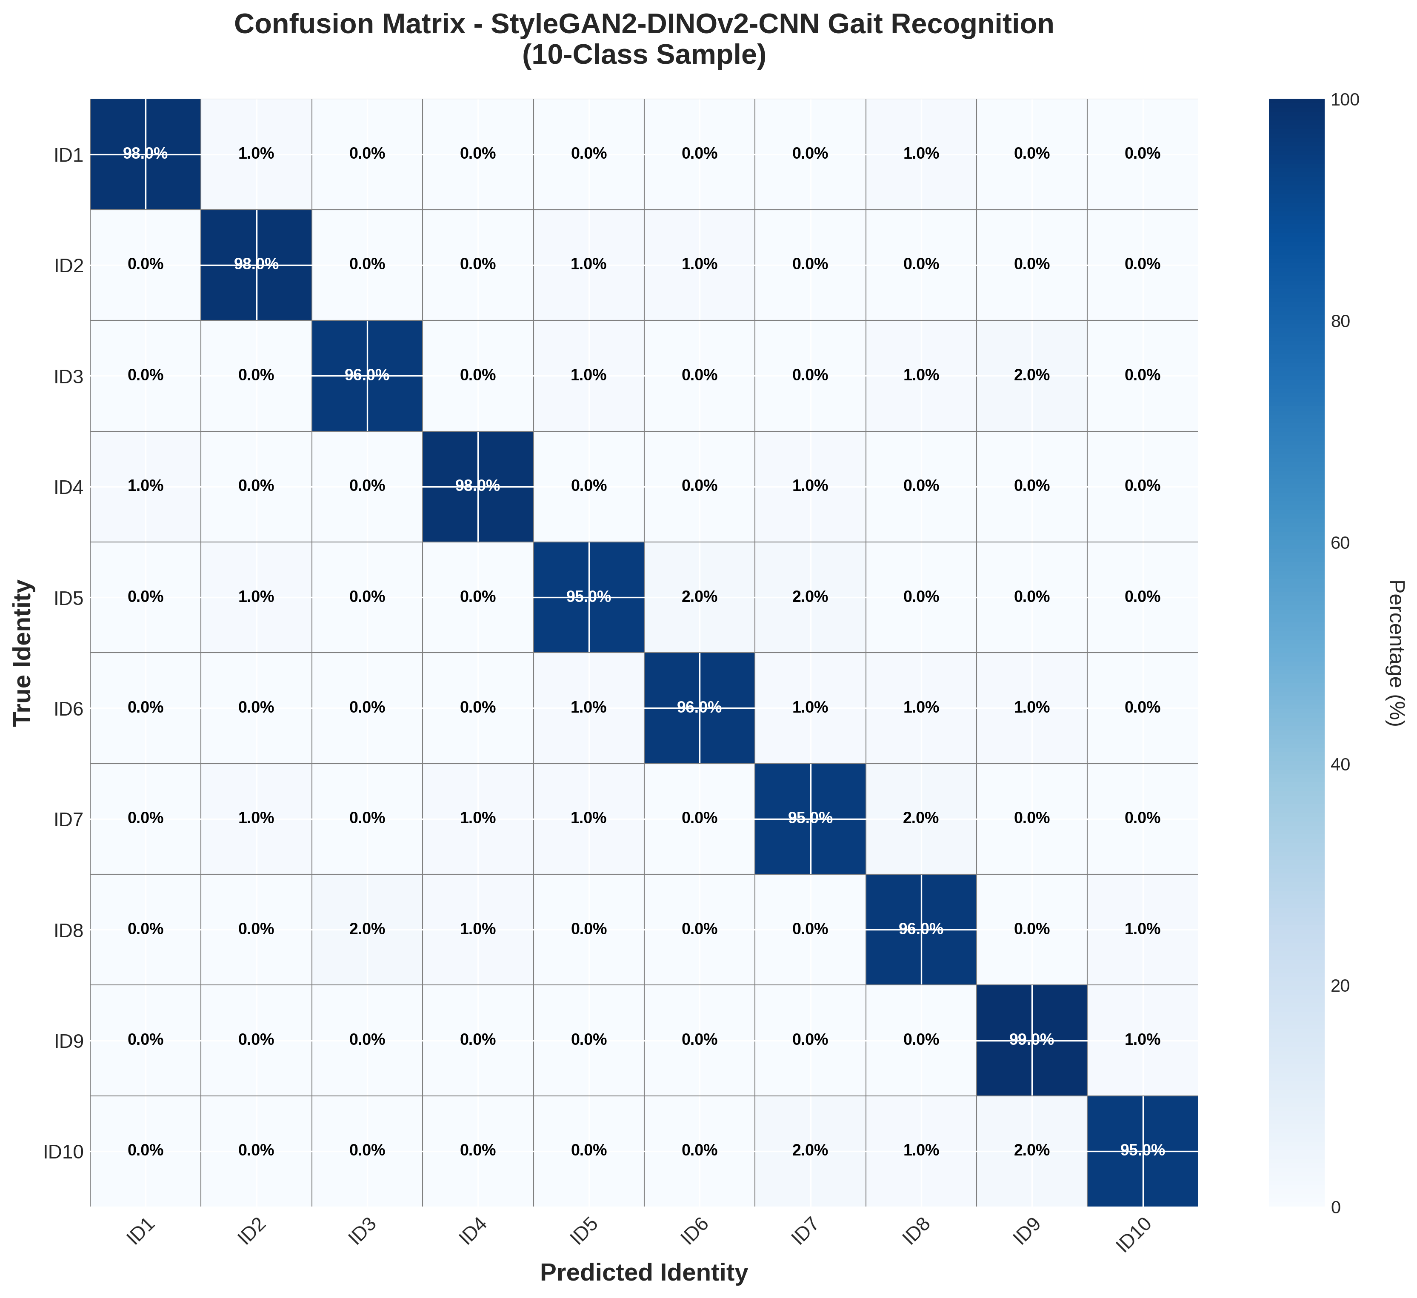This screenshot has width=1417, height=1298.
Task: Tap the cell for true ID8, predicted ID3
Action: (x=367, y=929)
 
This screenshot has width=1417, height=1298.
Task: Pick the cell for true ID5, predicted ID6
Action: (x=700, y=596)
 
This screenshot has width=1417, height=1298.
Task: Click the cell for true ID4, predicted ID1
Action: (x=146, y=485)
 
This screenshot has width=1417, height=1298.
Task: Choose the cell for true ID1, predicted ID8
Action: (x=921, y=154)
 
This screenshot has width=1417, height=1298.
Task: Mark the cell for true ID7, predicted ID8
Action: (x=921, y=818)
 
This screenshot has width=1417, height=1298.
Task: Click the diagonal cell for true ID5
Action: (x=589, y=596)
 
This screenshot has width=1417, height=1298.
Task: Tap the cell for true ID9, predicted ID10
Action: (x=1142, y=1039)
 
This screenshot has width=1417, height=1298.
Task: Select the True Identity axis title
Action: (x=23, y=652)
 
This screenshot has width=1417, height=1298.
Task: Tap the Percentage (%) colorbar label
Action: (x=1396, y=652)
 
